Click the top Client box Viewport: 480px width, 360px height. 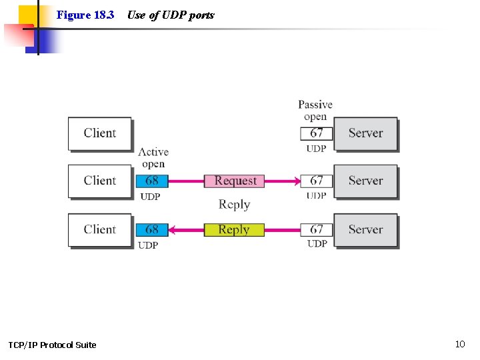99,133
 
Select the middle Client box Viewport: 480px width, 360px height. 99,181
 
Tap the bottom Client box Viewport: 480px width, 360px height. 99,229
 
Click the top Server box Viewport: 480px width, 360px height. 365,133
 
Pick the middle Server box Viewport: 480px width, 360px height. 365,181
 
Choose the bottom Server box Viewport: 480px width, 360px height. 365,229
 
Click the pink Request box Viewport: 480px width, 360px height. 235,181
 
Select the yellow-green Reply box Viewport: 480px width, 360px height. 234,229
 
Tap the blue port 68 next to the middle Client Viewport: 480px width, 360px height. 152,181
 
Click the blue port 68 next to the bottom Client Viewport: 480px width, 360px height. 152,229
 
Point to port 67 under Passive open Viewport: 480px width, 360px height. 317,133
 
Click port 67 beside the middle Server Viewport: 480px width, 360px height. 317,181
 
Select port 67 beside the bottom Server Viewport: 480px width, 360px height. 317,229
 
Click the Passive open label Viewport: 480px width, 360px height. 315,110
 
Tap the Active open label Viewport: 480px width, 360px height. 153,158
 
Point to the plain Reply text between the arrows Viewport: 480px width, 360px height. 234,205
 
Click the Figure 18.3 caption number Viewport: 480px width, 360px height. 85,15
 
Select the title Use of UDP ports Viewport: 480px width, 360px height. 171,15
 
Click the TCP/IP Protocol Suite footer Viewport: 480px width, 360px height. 52,345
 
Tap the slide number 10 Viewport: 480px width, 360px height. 459,344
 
